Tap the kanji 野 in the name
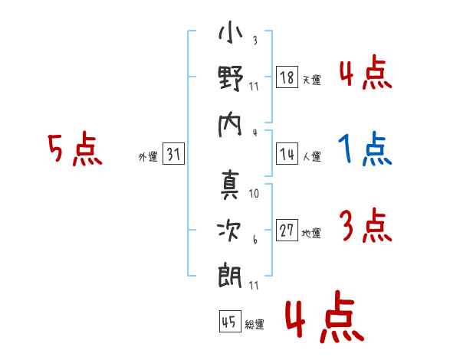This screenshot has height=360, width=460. point(230,79)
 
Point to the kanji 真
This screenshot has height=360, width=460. point(230,184)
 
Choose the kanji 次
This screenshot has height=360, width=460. point(230,227)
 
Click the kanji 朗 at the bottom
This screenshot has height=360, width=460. point(230,273)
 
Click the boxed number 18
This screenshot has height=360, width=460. point(287,77)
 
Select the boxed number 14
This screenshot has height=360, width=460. point(287,154)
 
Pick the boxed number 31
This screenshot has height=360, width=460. point(174,154)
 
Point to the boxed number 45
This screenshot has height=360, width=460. point(228,322)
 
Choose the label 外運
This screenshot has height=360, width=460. point(147,156)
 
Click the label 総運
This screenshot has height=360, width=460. point(255,325)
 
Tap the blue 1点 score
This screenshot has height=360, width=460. point(365,149)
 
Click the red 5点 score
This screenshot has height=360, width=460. point(74,149)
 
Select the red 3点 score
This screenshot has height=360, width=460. point(365,226)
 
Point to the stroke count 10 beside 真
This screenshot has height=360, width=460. point(255,193)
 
